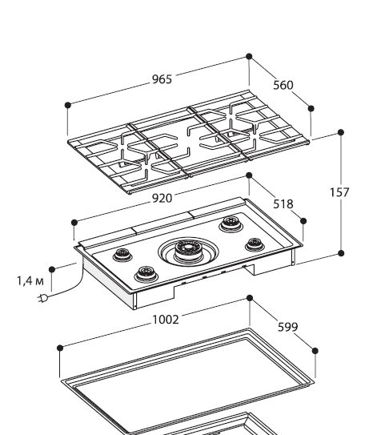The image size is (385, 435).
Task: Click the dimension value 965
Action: click(x=162, y=79)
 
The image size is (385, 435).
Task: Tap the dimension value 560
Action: click(x=283, y=85)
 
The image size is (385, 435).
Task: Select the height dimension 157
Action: click(x=339, y=192)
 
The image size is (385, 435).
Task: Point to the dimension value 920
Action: click(x=162, y=199)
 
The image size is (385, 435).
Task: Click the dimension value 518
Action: click(x=283, y=204)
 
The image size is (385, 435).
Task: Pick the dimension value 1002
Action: click(x=166, y=320)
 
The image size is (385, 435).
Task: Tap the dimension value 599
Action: click(x=287, y=327)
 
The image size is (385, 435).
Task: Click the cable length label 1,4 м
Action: click(x=30, y=280)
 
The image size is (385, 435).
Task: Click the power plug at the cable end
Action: click(x=42, y=299)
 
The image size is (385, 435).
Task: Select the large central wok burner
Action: click(x=188, y=252)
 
